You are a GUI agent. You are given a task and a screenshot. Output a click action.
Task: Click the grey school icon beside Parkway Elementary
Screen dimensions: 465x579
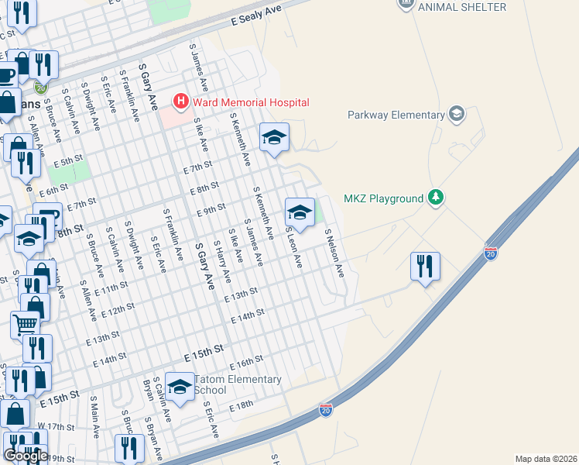pos(457,115)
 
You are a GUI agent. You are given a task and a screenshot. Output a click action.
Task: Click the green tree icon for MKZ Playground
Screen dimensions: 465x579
pos(437,198)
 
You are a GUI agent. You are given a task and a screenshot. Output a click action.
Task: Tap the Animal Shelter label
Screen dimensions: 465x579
pos(461,7)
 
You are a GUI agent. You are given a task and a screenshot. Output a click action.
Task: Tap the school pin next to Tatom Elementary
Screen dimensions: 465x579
pos(180,387)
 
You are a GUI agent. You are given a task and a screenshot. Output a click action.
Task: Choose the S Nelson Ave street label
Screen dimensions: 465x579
pos(334,253)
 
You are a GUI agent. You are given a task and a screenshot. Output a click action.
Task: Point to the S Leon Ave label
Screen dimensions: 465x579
pos(293,247)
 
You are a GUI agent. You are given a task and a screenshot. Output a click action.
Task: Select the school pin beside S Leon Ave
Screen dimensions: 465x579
pos(299,212)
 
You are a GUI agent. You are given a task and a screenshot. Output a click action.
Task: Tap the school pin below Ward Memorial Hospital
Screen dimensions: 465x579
pos(273,138)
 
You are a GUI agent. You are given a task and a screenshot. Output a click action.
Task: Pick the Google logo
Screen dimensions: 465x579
pos(26,456)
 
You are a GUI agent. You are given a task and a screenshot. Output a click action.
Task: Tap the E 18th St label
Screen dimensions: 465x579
pos(241,405)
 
